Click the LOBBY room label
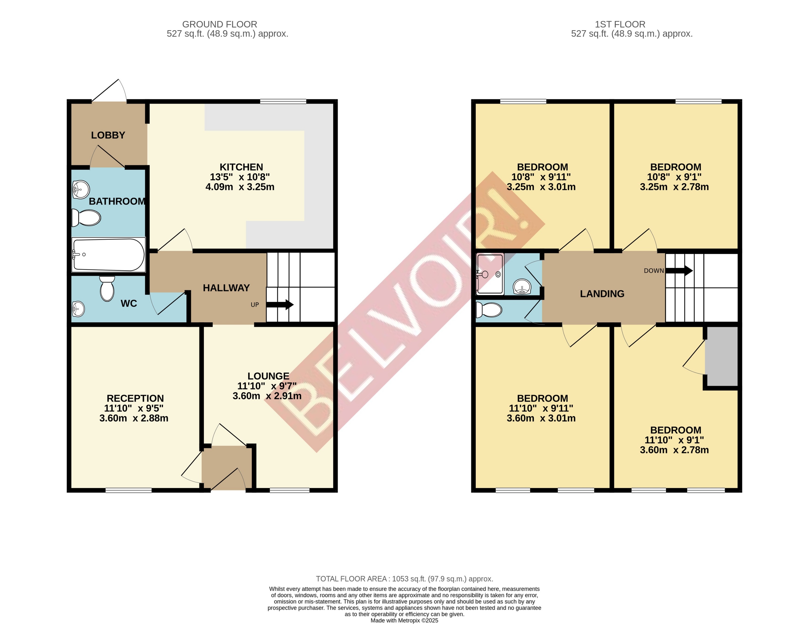tap(108, 135)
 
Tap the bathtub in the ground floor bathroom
tap(108, 255)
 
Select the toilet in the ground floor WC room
tap(107, 289)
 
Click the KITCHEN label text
tap(241, 167)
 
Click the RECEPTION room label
tap(135, 398)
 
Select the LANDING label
tap(602, 294)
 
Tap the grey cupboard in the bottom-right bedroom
tap(721, 357)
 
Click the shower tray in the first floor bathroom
tap(490, 274)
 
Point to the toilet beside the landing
tap(489, 310)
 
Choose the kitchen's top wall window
tap(283, 102)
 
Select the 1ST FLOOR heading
tap(620, 25)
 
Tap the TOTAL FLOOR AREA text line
tap(404, 579)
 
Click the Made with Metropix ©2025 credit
tap(404, 620)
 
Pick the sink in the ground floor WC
tap(78, 309)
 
